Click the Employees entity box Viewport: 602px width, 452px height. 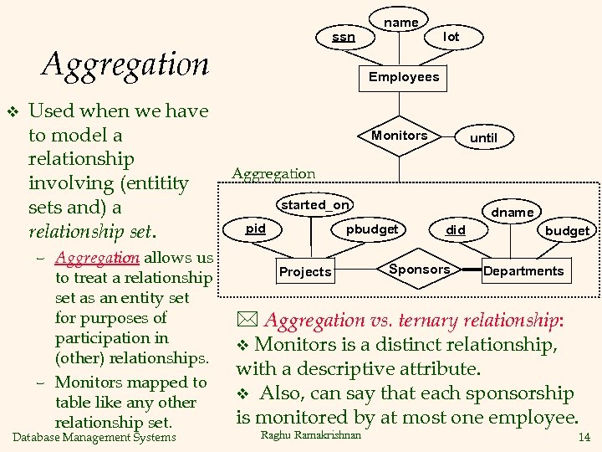click(x=404, y=77)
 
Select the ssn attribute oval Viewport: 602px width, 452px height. click(x=343, y=37)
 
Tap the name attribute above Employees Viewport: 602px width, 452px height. click(x=400, y=23)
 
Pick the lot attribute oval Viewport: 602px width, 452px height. click(x=451, y=37)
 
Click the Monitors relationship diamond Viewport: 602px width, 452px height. click(x=399, y=136)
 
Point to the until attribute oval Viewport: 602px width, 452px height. click(x=483, y=137)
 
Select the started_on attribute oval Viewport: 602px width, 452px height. click(x=315, y=205)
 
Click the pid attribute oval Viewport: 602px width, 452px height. click(x=256, y=229)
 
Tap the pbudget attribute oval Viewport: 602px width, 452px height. click(x=372, y=229)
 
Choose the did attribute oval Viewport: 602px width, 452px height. click(x=455, y=229)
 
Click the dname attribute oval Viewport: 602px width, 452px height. click(x=512, y=212)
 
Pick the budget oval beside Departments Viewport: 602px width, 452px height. click(x=567, y=230)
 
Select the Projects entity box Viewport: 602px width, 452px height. click(x=305, y=271)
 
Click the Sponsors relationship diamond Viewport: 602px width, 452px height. click(x=419, y=270)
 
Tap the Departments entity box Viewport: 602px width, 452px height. click(x=523, y=270)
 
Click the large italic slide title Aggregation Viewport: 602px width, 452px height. click(x=125, y=64)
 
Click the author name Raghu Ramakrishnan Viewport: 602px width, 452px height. click(x=311, y=434)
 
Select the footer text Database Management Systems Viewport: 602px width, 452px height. click(x=95, y=437)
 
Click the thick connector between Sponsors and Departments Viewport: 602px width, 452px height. click(x=468, y=270)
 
